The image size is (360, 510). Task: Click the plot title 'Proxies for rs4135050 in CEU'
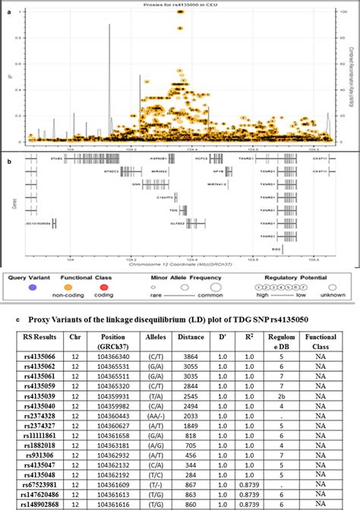(x=180, y=5)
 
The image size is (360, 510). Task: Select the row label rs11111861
(x=46, y=437)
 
